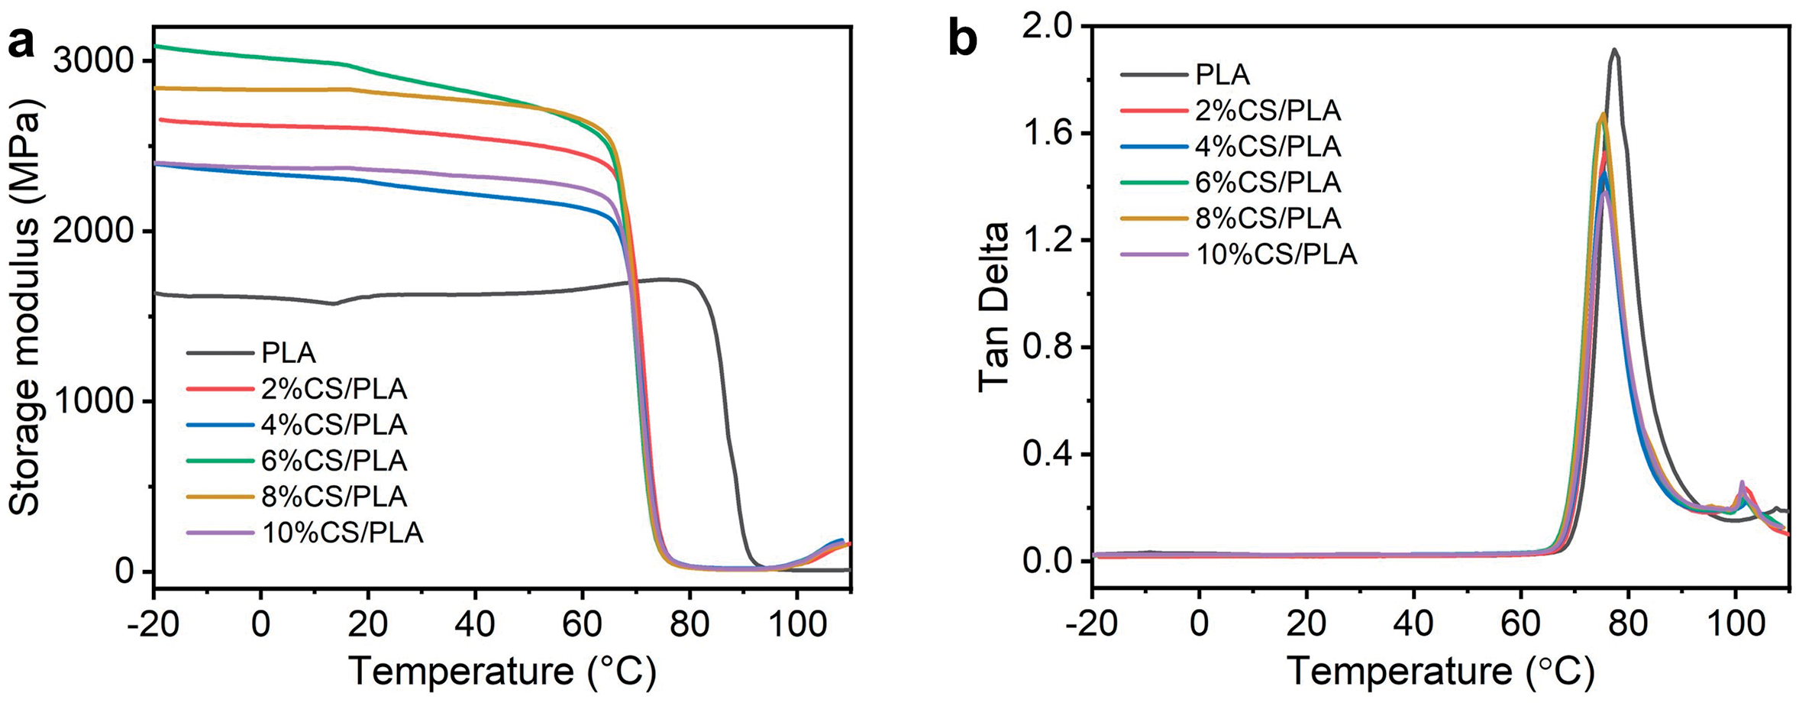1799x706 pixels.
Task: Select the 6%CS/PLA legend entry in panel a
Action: tap(334, 461)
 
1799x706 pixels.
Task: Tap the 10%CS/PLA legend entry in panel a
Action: tap(341, 533)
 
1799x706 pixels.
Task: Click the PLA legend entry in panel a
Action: tap(288, 353)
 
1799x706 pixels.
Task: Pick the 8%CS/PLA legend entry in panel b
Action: tap(1268, 219)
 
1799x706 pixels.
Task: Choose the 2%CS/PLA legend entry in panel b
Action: tap(1268, 111)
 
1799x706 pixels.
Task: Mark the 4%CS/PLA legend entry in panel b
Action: tap(1268, 147)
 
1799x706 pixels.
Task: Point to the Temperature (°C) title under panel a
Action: tap(502, 672)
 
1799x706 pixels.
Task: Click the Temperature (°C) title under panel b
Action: tap(1440, 672)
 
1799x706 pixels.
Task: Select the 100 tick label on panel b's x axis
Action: tap(1735, 625)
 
